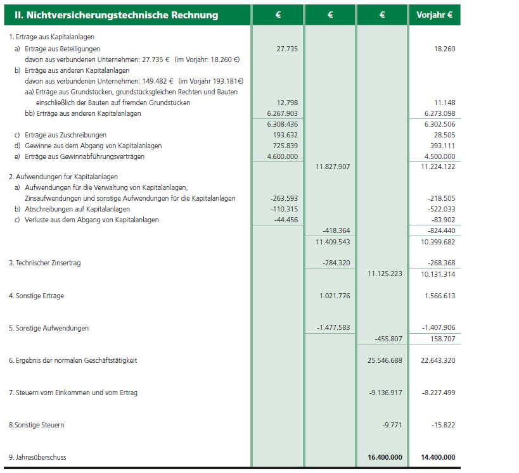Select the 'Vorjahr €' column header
(x=435, y=15)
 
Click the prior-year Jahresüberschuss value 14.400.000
(x=434, y=457)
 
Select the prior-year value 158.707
(x=442, y=339)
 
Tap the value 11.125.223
(x=385, y=274)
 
